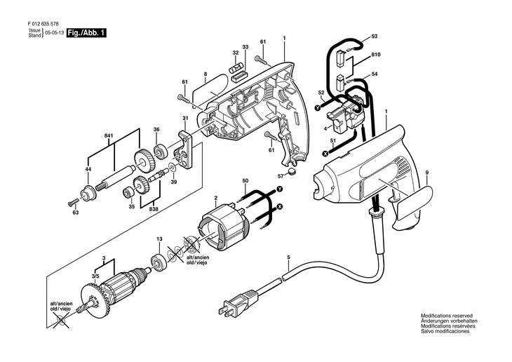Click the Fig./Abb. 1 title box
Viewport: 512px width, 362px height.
coord(86,33)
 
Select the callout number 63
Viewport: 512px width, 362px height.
coord(76,213)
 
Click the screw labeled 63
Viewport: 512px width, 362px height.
coord(74,203)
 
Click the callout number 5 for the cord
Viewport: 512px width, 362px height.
coord(289,257)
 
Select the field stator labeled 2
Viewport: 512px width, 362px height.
coord(224,229)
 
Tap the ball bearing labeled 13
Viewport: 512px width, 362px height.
coord(159,262)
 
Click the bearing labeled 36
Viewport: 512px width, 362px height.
coord(161,152)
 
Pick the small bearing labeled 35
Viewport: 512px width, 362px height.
coord(128,193)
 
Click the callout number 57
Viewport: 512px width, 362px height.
coord(281,176)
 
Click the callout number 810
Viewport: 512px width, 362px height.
coord(376,55)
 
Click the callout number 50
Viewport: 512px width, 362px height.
coord(245,181)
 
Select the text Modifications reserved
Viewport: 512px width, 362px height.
coord(446,316)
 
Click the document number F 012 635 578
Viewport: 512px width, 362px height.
coord(43,24)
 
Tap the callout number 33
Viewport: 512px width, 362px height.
coord(245,47)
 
